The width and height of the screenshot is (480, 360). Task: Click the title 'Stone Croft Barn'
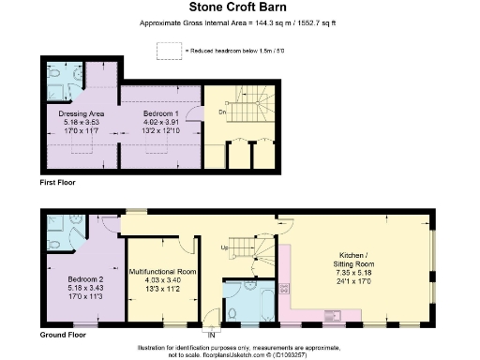point(240,7)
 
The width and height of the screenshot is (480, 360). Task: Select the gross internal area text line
point(240,22)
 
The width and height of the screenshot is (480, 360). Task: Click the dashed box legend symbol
point(169,49)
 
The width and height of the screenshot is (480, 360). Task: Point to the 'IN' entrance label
point(212,334)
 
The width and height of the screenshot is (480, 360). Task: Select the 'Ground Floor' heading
point(64,334)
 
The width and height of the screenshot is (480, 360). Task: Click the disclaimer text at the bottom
point(240,351)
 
